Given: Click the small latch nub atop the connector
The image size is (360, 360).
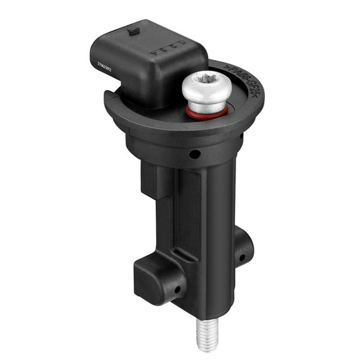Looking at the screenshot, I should tap(132, 29).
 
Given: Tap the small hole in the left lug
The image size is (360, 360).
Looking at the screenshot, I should tap(177, 289).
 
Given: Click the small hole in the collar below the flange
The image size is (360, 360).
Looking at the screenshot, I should tap(196, 154).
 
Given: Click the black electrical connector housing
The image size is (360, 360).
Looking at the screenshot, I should tap(147, 59).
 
